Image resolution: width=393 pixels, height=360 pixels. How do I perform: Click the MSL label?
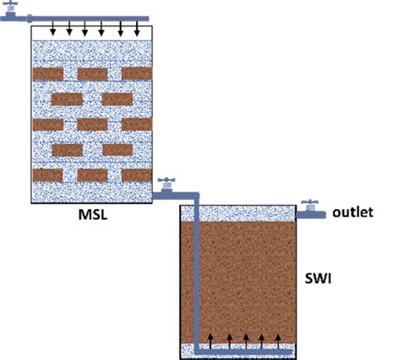[x=93, y=214]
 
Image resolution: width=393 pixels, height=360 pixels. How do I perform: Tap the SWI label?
[x=318, y=278]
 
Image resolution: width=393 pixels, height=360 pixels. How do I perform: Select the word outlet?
[x=353, y=212]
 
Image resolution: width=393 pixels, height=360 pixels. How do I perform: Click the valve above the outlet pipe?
[x=309, y=205]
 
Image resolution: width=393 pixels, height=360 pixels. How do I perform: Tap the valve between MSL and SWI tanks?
[x=167, y=185]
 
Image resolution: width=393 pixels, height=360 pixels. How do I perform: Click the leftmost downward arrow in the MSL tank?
[x=53, y=31]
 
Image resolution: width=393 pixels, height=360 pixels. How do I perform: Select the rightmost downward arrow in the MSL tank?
[x=137, y=31]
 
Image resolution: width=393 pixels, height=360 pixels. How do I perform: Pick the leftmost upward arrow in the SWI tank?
[x=211, y=341]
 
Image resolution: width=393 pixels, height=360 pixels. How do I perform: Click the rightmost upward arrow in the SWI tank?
[x=279, y=341]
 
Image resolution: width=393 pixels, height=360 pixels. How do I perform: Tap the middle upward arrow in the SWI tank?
[x=246, y=341]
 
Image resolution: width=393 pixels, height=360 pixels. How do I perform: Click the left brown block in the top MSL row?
[x=48, y=74]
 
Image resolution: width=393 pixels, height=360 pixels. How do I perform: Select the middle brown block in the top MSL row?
[x=93, y=74]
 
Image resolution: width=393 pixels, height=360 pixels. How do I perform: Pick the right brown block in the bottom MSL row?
[x=137, y=175]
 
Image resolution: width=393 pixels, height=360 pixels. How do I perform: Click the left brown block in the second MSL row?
[x=67, y=100]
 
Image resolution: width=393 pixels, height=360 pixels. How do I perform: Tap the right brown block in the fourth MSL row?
[x=118, y=150]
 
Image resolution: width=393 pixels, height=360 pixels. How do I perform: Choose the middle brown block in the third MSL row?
[x=92, y=124]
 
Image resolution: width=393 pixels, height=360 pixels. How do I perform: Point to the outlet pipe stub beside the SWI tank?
[x=311, y=215]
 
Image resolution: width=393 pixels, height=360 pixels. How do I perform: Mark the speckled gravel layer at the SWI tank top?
[x=238, y=213]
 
